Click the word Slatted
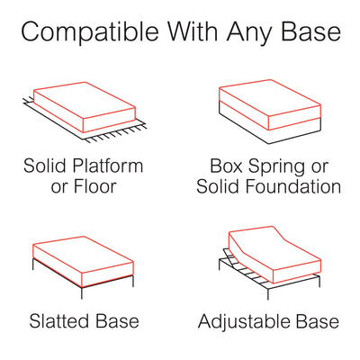(59, 321)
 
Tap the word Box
(227, 167)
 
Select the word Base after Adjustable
(315, 321)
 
